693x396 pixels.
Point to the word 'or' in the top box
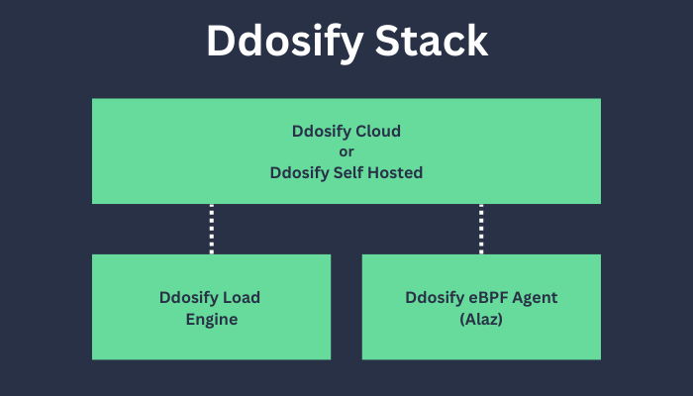pos(346,151)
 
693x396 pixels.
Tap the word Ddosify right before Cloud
pos(322,130)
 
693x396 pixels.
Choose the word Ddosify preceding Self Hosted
pos(300,172)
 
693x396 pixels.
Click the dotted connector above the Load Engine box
pos(212,229)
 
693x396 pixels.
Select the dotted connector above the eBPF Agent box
pos(481,229)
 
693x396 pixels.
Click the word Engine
pos(212,319)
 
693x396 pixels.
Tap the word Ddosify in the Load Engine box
pos(190,297)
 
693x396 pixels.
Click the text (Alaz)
pos(481,319)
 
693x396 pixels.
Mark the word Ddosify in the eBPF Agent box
pos(432,297)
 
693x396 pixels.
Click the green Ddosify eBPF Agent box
pos(481,342)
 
